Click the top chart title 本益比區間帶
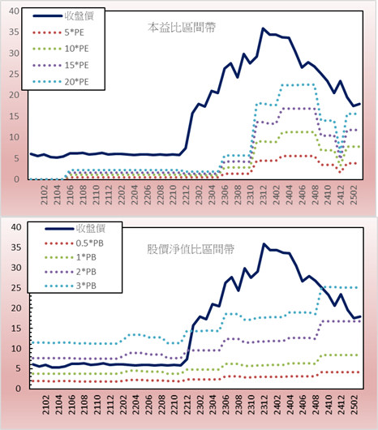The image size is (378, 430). [182, 28]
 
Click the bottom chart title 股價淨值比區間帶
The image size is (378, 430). [191, 249]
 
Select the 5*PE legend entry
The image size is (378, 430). [58, 32]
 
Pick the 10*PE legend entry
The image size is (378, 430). [61, 49]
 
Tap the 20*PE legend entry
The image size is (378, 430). [61, 82]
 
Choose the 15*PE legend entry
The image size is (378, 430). [61, 65]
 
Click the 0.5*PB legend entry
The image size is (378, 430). [74, 243]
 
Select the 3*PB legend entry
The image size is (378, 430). [71, 286]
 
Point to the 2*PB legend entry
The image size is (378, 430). [71, 272]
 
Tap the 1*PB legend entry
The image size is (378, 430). [71, 257]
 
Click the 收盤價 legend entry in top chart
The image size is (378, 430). [63, 16]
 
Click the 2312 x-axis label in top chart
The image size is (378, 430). [264, 195]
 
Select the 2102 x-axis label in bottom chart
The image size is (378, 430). [45, 405]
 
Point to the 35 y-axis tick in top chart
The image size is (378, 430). [15, 32]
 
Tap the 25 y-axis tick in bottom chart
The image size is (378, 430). [16, 288]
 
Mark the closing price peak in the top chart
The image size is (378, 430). [263, 28]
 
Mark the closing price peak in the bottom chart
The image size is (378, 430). [264, 243]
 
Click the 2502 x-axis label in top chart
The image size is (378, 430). [354, 195]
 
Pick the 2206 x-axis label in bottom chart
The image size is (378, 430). [148, 405]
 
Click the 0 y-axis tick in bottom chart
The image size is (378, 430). [18, 389]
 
